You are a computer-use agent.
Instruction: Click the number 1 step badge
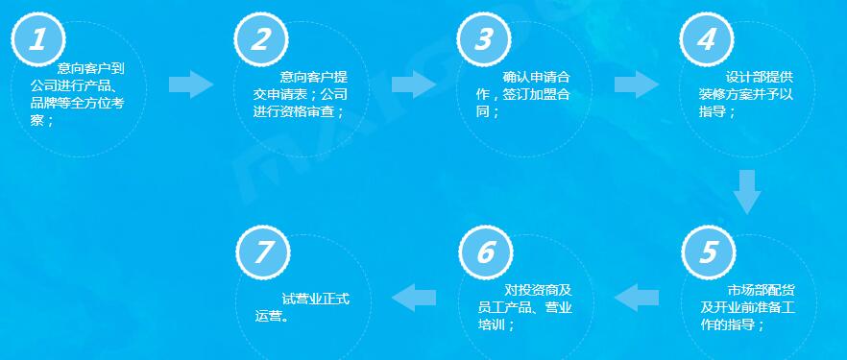(x=38, y=40)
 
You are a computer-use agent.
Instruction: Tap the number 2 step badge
(x=261, y=40)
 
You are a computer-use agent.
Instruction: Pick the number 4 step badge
(x=707, y=40)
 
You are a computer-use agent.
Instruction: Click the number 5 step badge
(x=708, y=253)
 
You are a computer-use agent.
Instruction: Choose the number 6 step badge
(x=485, y=253)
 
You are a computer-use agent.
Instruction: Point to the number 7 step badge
(x=262, y=253)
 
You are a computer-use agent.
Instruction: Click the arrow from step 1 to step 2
(x=192, y=84)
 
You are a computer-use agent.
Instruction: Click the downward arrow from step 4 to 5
(x=747, y=191)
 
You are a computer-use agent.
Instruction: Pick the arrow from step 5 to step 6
(x=638, y=298)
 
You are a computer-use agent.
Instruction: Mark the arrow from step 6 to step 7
(x=415, y=298)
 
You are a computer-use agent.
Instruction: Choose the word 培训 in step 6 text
(x=490, y=325)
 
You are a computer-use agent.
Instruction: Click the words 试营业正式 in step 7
(x=315, y=299)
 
